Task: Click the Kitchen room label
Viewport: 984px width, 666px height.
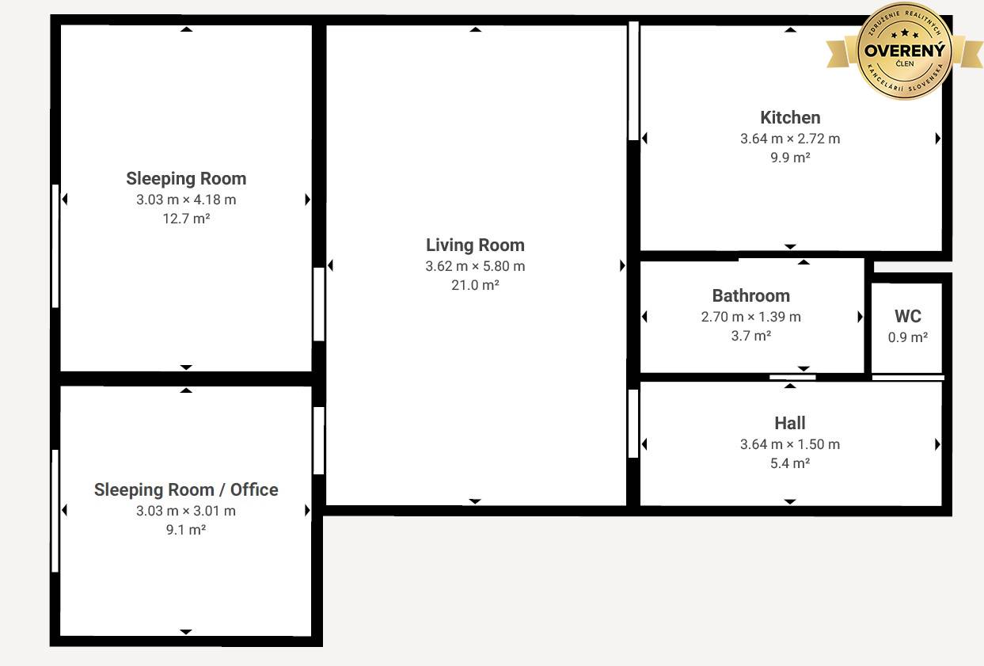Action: click(790, 118)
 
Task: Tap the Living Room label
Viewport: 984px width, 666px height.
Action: click(475, 245)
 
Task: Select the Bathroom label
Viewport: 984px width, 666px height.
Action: click(751, 296)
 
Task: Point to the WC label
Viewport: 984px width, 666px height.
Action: click(907, 316)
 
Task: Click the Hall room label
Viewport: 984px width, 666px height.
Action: click(790, 424)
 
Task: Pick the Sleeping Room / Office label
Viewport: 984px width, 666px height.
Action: click(186, 490)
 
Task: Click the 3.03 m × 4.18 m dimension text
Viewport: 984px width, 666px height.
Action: click(186, 200)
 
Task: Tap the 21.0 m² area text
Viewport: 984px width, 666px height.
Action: click(475, 285)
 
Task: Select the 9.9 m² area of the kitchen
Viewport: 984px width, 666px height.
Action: click(790, 158)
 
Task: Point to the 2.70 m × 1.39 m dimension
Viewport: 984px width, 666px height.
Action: click(751, 317)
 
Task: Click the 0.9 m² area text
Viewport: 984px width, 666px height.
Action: click(907, 337)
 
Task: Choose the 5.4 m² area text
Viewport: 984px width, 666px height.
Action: click(790, 463)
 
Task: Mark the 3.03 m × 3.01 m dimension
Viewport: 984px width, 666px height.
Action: click(186, 511)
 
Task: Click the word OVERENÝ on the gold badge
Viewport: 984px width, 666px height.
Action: click(905, 51)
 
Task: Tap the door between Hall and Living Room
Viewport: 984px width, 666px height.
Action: click(633, 424)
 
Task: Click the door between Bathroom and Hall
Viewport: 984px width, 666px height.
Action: click(792, 377)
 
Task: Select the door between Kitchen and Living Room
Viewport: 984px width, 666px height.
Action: click(633, 81)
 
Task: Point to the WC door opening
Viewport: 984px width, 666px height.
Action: click(908, 378)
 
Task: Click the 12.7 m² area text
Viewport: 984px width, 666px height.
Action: click(186, 219)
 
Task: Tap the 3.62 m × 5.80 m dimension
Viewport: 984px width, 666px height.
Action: click(475, 266)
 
